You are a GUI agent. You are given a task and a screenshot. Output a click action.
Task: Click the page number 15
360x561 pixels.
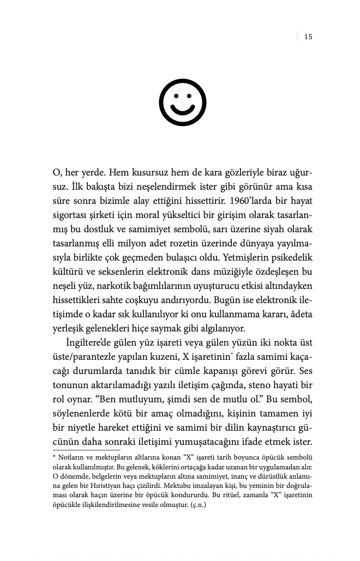(308, 37)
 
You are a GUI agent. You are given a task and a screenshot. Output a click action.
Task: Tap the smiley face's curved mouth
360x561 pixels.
(183, 110)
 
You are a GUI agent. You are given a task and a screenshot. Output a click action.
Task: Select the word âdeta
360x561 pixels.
(299, 315)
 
